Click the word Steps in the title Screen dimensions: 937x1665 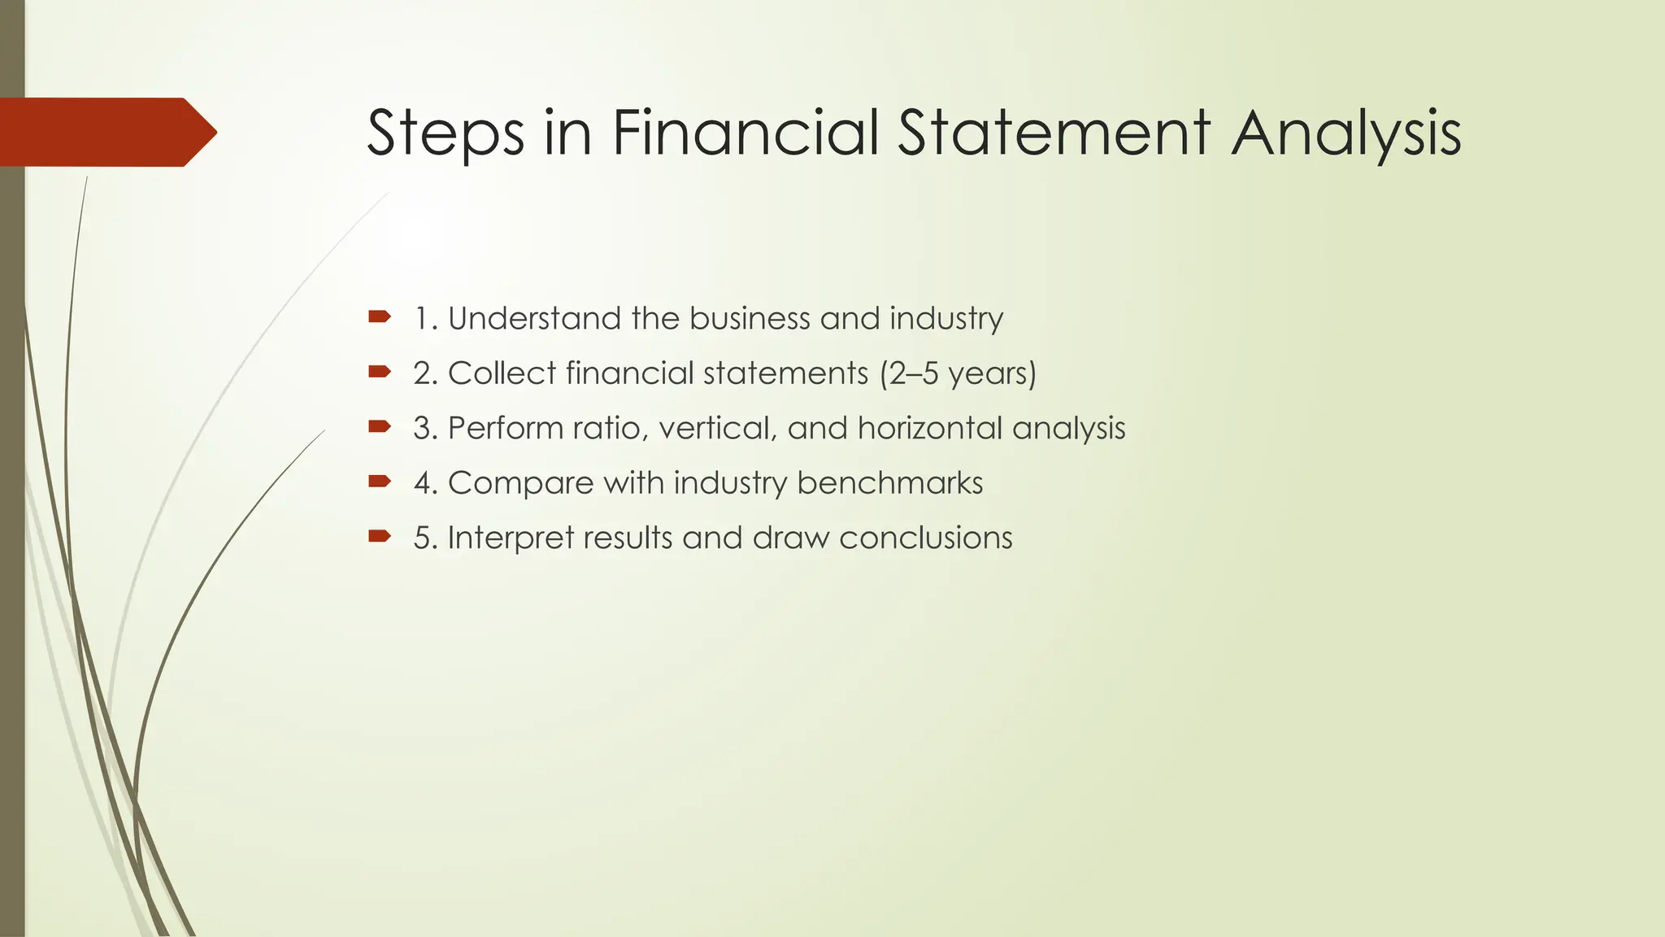446,133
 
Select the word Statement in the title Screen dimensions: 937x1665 1054,133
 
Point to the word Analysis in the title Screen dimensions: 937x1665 1345,134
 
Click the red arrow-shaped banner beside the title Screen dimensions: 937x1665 106,132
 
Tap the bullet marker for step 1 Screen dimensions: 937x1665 379,316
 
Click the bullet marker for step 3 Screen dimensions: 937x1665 379,426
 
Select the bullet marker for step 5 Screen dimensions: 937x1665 379,536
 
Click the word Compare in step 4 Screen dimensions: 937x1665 520,483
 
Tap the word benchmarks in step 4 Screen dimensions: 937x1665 889,483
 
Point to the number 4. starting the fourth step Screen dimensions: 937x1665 426,483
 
